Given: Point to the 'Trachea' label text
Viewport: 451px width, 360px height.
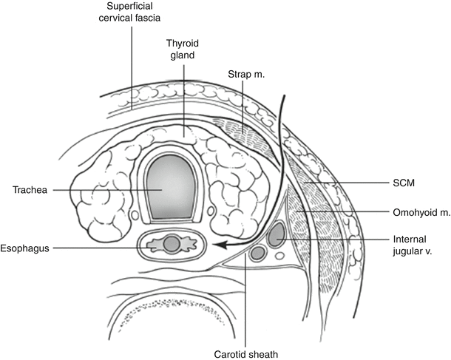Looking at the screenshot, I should [x=30, y=190].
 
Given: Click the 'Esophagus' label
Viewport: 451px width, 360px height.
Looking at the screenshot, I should [x=24, y=248].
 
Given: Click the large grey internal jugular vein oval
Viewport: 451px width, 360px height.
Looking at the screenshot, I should [x=277, y=236].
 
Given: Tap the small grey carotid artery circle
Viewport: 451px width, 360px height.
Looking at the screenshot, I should [x=258, y=253].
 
